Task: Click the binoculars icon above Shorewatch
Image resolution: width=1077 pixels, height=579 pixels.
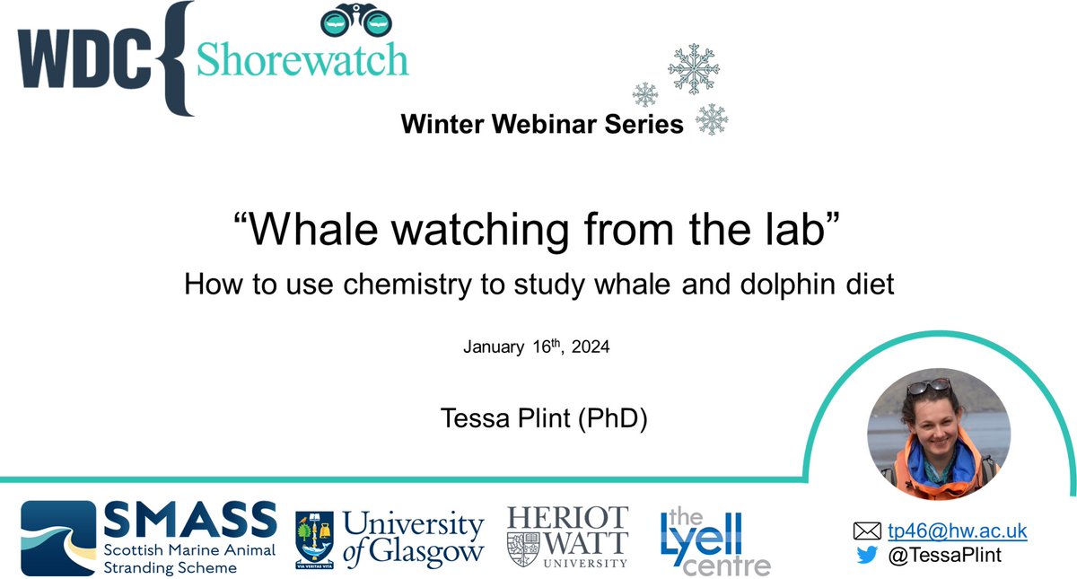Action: point(355,19)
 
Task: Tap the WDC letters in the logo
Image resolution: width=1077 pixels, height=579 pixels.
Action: point(84,58)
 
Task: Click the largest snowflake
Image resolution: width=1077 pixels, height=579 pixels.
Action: point(693,68)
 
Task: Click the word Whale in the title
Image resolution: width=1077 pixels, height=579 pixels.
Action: point(313,230)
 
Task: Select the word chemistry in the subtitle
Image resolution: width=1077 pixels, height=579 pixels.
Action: point(407,285)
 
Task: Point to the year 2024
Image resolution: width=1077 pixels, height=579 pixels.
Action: point(591,347)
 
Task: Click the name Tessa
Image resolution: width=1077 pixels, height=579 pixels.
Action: point(482,418)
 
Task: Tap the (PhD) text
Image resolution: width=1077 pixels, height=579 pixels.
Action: point(612,418)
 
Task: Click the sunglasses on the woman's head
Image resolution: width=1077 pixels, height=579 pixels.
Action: point(929,386)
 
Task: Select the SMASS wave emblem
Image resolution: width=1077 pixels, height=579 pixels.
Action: point(58,538)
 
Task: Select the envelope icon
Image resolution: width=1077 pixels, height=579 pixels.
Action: point(867,531)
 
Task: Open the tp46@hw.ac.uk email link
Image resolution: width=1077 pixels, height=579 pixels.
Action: point(958,531)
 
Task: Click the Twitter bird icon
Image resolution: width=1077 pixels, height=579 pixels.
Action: point(867,555)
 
